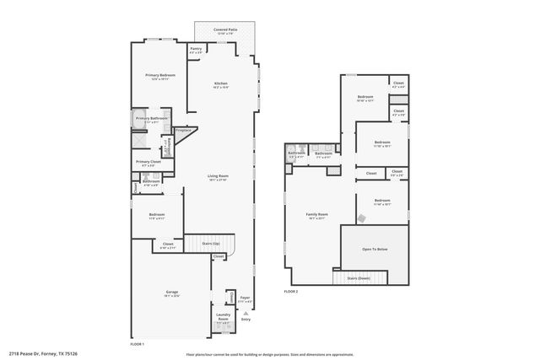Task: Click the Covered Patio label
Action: [x=225, y=30]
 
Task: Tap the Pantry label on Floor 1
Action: [x=196, y=50]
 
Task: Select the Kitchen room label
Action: [x=221, y=84]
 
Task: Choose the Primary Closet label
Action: [x=148, y=162]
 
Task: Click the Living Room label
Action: [x=219, y=177]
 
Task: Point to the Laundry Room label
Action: [x=223, y=319]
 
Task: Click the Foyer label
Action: [x=245, y=298]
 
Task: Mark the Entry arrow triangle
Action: [x=246, y=312]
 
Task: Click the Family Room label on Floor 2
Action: [x=316, y=215]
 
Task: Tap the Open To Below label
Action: [x=375, y=250]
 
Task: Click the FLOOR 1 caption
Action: [x=138, y=344]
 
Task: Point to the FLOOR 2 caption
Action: [x=291, y=291]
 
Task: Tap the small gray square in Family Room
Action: [x=360, y=218]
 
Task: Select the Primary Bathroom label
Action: [x=152, y=119]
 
